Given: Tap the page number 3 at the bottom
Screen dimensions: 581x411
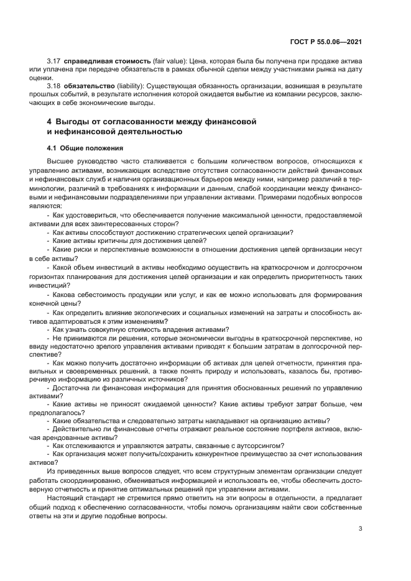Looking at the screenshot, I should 360,529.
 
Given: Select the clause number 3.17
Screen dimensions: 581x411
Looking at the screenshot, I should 53,62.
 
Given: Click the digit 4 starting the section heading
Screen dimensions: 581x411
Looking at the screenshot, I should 50,121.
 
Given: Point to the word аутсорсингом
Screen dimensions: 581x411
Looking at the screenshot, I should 258,445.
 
